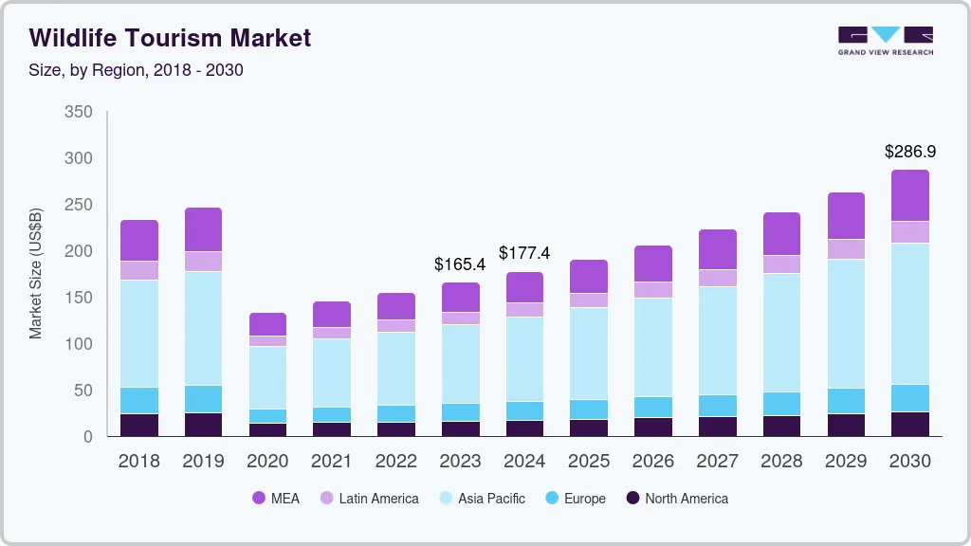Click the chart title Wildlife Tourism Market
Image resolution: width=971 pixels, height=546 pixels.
pyautogui.click(x=170, y=38)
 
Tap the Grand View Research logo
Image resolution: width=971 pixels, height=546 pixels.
pyautogui.click(x=886, y=41)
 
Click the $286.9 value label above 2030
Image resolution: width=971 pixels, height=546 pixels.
pyautogui.click(x=910, y=152)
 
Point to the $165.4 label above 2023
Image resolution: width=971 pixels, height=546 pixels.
pyautogui.click(x=461, y=264)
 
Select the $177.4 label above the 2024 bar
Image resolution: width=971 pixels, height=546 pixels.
pyautogui.click(x=525, y=253)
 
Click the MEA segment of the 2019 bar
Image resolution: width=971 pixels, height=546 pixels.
pyautogui.click(x=203, y=229)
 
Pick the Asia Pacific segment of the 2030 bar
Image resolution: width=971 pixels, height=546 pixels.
pyautogui.click(x=910, y=313)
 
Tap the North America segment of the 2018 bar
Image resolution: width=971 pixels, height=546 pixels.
pyautogui.click(x=139, y=425)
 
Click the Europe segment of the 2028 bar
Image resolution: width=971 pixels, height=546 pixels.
pyautogui.click(x=781, y=403)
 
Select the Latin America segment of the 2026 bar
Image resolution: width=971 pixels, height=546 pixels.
pyautogui.click(x=654, y=289)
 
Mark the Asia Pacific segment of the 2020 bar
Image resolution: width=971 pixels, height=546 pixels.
pyautogui.click(x=268, y=377)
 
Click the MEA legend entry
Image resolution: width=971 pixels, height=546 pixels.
pyautogui.click(x=276, y=499)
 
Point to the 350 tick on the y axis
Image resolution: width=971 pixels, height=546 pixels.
pyautogui.click(x=79, y=112)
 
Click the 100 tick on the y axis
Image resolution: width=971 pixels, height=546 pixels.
pyautogui.click(x=79, y=343)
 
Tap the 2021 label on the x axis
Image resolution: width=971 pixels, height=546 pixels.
pyautogui.click(x=333, y=462)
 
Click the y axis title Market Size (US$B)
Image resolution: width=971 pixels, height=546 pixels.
pyautogui.click(x=36, y=273)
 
